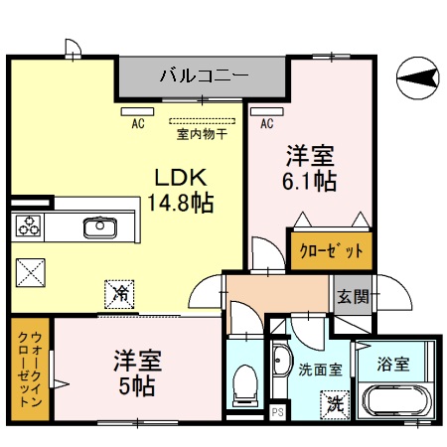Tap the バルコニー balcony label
coord(205,74)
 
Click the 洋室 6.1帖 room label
coord(311,168)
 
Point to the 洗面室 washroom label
coord(320,370)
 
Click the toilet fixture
coord(244,386)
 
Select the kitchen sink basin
coord(99,228)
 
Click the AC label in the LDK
coord(138,123)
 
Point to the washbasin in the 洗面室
coord(280,362)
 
